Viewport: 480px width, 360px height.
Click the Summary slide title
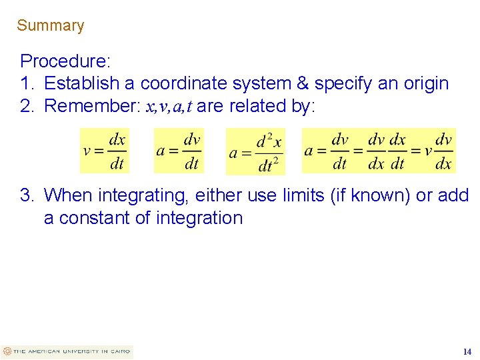click(51, 26)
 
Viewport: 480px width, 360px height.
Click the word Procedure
click(64, 62)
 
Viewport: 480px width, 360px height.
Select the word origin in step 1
click(425, 84)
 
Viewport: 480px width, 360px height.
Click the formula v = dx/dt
click(105, 151)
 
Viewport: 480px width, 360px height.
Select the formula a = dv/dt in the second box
click(178, 151)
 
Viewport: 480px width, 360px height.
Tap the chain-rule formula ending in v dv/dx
click(379, 151)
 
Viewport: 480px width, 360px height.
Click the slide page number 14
click(467, 351)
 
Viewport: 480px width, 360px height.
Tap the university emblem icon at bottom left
click(7, 351)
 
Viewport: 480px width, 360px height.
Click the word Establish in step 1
click(83, 84)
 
